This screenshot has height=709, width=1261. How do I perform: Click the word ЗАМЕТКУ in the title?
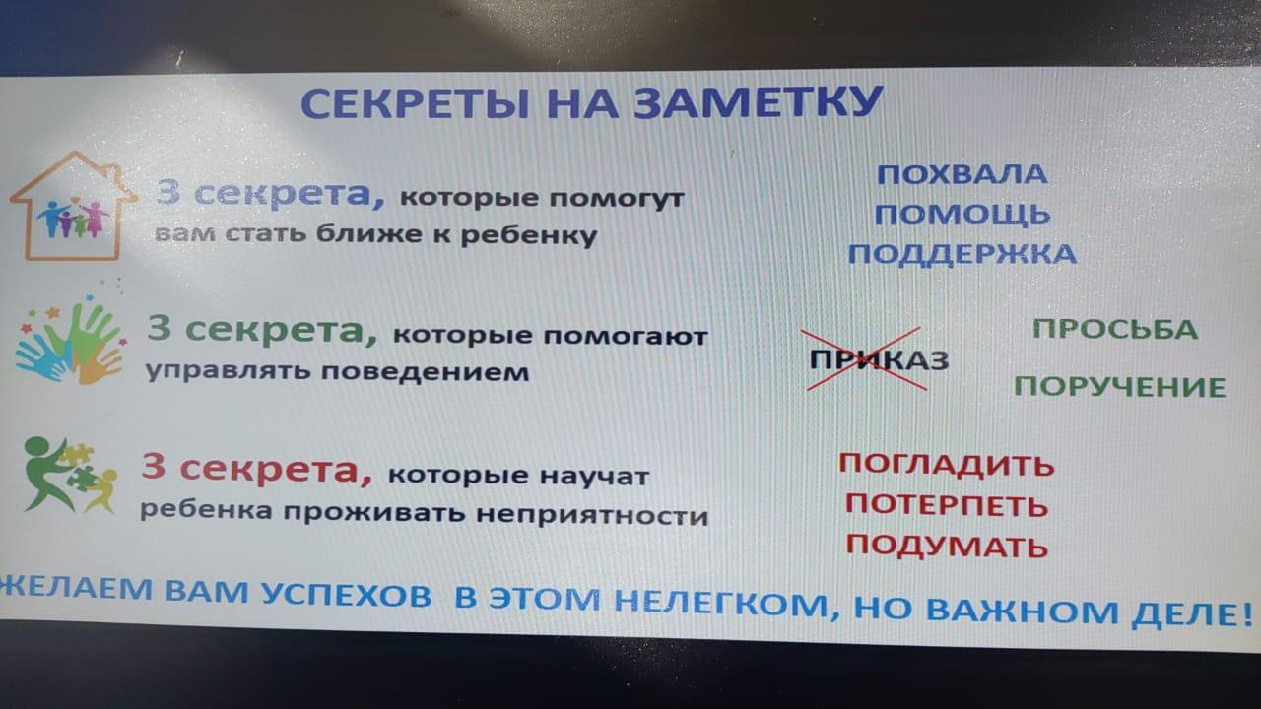(758, 102)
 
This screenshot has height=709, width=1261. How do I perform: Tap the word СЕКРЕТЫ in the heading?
(416, 103)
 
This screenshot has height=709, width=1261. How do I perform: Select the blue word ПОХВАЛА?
(962, 175)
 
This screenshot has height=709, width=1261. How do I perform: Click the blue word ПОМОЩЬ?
(962, 215)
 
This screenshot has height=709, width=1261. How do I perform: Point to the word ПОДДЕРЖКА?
(962, 254)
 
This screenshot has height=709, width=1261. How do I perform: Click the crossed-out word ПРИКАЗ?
(879, 359)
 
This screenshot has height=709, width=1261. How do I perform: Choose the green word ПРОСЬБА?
(1115, 329)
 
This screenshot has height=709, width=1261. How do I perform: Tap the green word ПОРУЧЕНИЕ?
(1120, 387)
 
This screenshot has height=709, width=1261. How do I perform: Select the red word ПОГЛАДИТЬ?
(947, 465)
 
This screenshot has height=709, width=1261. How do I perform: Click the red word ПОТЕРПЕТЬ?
(947, 505)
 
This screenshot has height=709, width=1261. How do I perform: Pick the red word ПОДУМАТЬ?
(947, 545)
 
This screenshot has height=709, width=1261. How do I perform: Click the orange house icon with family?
(73, 206)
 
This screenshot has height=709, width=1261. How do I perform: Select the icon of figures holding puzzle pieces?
(70, 476)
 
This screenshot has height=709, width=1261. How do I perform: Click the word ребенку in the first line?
(529, 235)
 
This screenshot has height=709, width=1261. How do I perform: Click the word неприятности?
(592, 515)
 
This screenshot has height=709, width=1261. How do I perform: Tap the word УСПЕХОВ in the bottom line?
(347, 594)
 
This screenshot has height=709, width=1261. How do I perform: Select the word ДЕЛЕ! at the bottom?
(1192, 613)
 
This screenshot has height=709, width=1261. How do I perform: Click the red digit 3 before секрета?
(153, 467)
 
